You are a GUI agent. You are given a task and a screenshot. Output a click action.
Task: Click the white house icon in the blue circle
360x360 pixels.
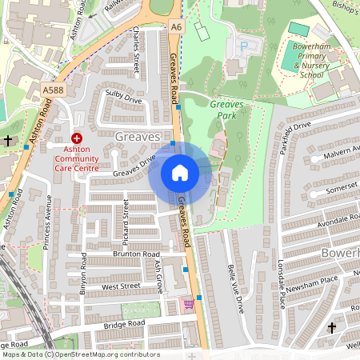180,173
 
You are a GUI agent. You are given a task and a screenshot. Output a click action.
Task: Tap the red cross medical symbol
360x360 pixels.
78,138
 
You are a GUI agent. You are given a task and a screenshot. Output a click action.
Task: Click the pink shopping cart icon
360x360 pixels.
189,304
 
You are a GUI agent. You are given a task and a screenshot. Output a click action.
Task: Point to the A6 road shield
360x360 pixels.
176,27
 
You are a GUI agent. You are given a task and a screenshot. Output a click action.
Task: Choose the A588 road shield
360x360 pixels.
53,90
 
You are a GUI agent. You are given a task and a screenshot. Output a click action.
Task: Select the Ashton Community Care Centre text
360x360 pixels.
77,159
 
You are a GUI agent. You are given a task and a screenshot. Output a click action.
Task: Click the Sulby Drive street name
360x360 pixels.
123,97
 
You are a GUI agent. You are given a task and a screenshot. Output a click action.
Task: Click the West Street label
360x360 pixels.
121,285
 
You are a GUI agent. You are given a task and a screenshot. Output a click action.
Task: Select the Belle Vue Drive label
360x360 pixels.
235,285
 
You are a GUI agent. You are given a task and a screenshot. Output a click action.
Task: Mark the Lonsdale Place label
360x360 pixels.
281,280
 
